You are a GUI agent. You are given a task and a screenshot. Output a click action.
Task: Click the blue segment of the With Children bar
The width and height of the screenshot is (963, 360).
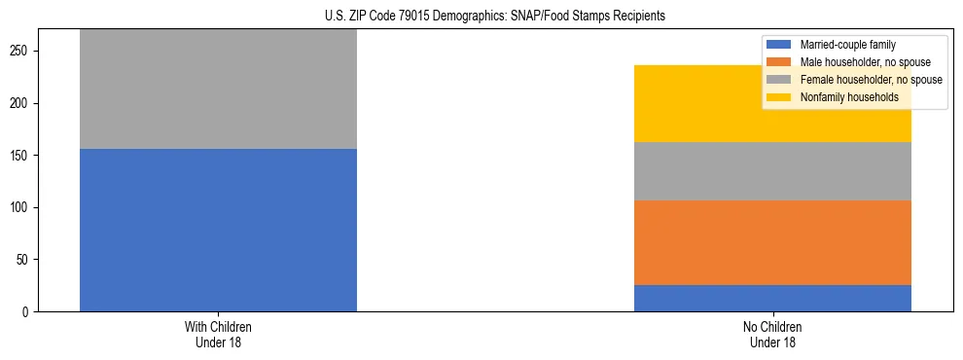[218, 230]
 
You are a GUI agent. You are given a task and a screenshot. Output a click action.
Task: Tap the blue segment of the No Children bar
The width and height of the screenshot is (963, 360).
[772, 298]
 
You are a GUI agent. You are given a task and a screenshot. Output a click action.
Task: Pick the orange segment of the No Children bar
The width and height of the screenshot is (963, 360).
[772, 242]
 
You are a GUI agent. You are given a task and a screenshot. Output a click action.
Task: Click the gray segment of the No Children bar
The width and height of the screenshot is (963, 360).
[772, 171]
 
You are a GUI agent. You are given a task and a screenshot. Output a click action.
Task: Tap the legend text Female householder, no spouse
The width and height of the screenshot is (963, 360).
[870, 80]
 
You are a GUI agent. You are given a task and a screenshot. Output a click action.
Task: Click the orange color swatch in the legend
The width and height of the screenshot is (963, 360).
[779, 62]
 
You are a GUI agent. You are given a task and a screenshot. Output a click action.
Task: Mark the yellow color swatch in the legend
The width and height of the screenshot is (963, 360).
[779, 97]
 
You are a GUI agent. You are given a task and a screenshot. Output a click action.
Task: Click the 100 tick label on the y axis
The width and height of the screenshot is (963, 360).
[24, 207]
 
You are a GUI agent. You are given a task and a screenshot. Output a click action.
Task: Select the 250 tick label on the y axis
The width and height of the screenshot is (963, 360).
[24, 51]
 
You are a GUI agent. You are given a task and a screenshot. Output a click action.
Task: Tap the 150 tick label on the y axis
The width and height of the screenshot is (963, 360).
[24, 156]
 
